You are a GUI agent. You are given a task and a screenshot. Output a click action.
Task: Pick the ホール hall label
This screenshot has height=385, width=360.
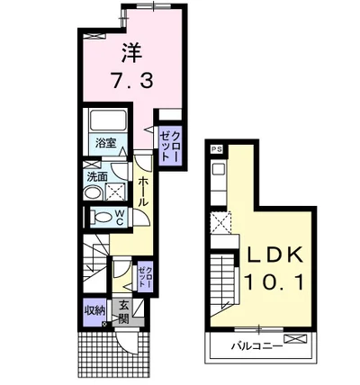(x=144, y=191)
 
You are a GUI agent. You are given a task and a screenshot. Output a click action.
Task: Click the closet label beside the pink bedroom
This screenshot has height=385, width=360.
(x=170, y=144)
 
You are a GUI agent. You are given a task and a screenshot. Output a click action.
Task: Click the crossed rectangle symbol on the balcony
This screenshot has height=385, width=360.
(x=301, y=342)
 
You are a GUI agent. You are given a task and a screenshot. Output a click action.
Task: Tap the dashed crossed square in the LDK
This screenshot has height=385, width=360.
(x=221, y=221)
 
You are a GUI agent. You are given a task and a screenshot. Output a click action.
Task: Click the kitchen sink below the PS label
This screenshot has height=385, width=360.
(x=217, y=168)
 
